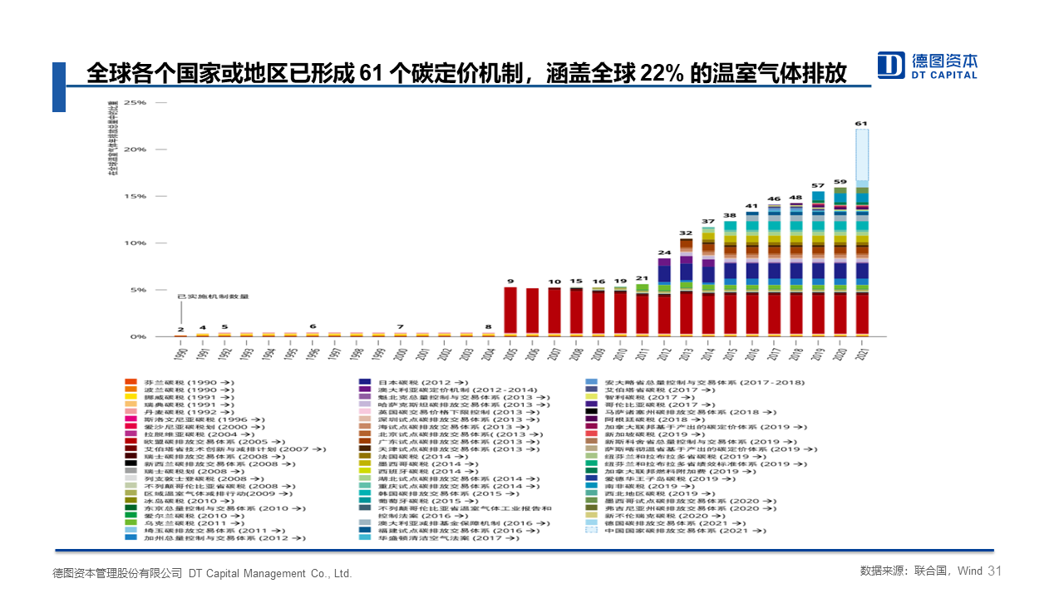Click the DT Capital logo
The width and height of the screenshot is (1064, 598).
point(928,65)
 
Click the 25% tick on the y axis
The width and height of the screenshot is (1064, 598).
point(135,103)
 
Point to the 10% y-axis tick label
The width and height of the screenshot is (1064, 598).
point(135,243)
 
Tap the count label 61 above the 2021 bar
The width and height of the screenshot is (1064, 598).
point(861,124)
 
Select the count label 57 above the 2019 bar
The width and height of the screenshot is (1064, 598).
point(818,185)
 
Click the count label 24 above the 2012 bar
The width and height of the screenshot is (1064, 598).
point(664,252)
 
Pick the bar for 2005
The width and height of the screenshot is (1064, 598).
point(510,311)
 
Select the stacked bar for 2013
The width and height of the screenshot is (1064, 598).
point(686,287)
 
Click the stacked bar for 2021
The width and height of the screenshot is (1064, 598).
point(862,233)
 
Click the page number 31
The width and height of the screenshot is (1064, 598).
point(996,571)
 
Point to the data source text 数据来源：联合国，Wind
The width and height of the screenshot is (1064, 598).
point(921,571)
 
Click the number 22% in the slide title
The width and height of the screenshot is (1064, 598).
point(662,74)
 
